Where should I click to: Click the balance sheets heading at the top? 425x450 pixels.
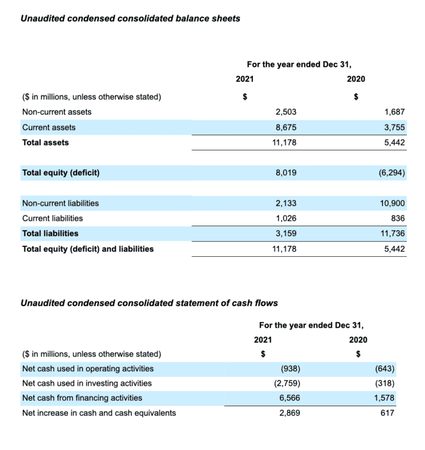[x=130, y=19]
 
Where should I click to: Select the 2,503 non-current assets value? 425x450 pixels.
[x=286, y=112]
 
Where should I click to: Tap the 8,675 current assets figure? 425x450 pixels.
[x=286, y=127]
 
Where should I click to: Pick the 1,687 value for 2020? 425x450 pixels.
[x=395, y=112]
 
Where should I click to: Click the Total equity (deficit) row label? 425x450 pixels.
[x=61, y=173]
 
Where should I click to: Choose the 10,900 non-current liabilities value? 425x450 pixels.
[x=393, y=203]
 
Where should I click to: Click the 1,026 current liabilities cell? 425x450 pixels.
[x=286, y=218]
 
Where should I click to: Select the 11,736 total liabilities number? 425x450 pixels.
[x=393, y=234]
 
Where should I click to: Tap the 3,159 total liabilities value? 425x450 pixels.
[x=286, y=234]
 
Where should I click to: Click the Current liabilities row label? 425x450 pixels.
[x=53, y=218]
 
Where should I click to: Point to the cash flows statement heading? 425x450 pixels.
[x=149, y=303]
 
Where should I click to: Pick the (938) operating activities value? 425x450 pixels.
[x=291, y=369]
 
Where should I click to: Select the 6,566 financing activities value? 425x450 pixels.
[x=290, y=398]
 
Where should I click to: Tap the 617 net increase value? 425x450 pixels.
[x=387, y=413]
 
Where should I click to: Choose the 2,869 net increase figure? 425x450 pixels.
[x=290, y=413]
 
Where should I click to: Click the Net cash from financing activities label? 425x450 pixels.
[x=82, y=398]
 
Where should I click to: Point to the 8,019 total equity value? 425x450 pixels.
[x=286, y=173]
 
